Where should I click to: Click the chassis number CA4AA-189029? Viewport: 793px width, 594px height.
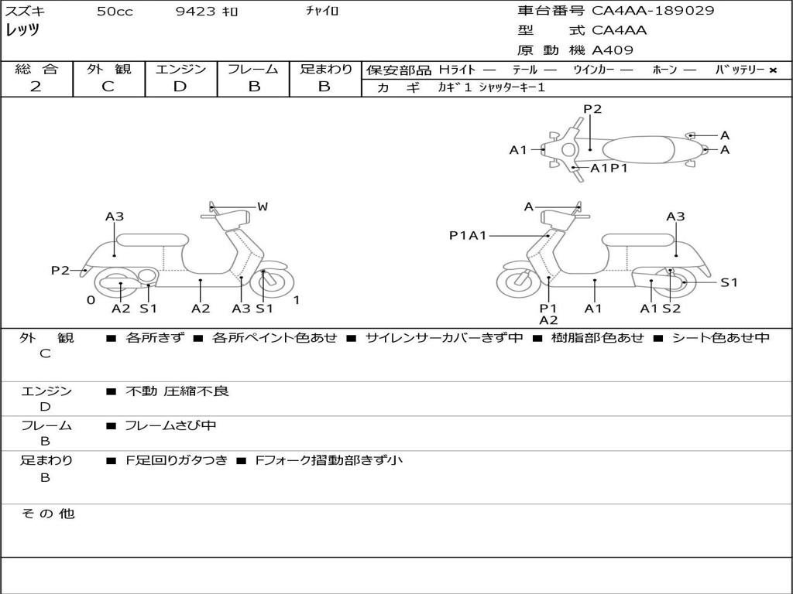pyautogui.click(x=653, y=11)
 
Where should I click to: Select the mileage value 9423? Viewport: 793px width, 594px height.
pyautogui.click(x=195, y=11)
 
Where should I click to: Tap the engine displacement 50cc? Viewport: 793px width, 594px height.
pyautogui.click(x=115, y=11)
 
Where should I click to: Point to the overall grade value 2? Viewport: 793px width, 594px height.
pyautogui.click(x=36, y=87)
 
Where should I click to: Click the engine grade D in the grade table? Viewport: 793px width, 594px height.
pyautogui.click(x=180, y=87)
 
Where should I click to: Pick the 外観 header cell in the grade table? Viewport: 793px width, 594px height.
pyautogui.click(x=108, y=69)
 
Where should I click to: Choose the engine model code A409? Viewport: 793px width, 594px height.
pyautogui.click(x=613, y=50)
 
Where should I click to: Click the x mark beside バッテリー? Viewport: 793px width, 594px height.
pyautogui.click(x=773, y=70)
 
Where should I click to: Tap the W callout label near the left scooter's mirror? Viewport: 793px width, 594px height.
pyautogui.click(x=262, y=207)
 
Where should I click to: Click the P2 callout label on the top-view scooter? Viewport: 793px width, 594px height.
pyautogui.click(x=592, y=109)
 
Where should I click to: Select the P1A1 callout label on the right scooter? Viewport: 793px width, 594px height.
pyautogui.click(x=468, y=235)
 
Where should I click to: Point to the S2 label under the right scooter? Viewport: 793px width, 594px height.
pyautogui.click(x=671, y=309)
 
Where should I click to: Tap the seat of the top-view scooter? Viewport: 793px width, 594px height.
pyautogui.click(x=638, y=150)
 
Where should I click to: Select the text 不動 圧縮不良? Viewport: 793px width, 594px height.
pyautogui.click(x=177, y=391)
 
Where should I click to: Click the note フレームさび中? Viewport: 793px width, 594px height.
pyautogui.click(x=170, y=425)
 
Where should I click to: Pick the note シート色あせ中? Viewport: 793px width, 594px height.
pyautogui.click(x=721, y=337)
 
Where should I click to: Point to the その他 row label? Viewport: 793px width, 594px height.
pyautogui.click(x=48, y=514)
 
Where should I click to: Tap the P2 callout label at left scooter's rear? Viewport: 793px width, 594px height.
pyautogui.click(x=60, y=270)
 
